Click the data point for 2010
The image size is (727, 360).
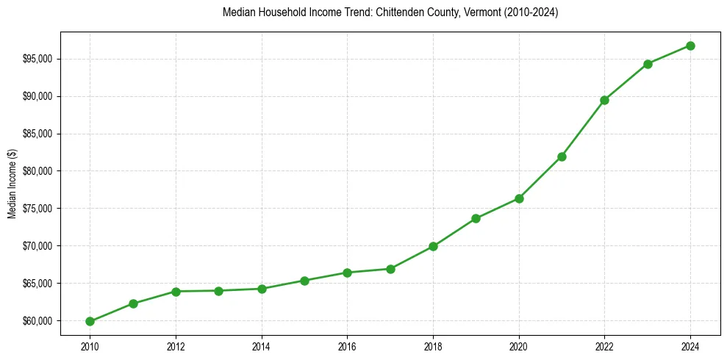[90, 321]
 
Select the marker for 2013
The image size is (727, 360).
[219, 291]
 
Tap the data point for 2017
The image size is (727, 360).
[390, 269]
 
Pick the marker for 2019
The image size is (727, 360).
[476, 218]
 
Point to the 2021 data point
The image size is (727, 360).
[562, 156]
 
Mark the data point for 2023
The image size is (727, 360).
[648, 64]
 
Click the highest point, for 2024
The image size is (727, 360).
[690, 46]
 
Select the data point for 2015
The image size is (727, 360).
[304, 281]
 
